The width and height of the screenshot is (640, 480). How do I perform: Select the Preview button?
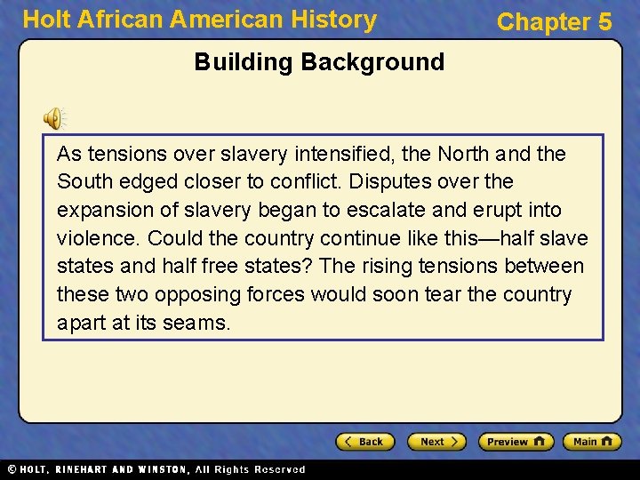516,442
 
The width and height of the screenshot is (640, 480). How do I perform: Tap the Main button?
595,442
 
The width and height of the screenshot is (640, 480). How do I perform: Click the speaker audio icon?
54,117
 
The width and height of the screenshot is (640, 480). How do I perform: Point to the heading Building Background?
319,62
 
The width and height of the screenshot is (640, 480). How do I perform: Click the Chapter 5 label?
554,22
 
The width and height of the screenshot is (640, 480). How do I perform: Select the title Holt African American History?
199,20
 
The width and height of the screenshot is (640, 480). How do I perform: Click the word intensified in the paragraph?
364,154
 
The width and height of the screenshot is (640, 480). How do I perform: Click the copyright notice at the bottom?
156,469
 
